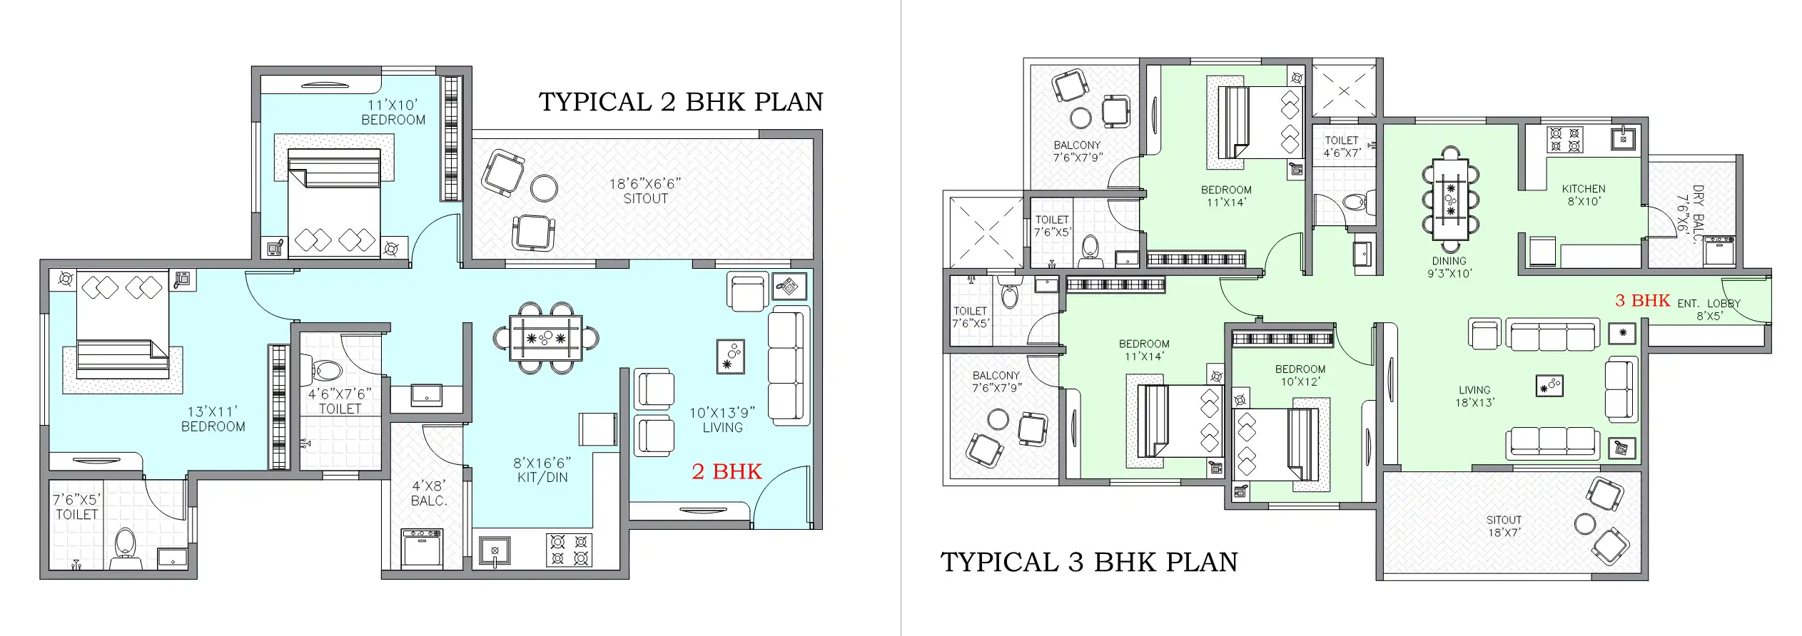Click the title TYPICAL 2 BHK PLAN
[x=680, y=102]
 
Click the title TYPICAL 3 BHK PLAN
[x=1088, y=562]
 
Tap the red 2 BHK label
[x=727, y=471]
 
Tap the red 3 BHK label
[x=1642, y=301]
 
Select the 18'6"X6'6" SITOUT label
[x=645, y=191]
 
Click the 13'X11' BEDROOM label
[x=213, y=419]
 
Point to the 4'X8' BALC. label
[x=429, y=493]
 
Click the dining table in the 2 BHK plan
[x=546, y=338]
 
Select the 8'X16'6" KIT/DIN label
[x=542, y=471]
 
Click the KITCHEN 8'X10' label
[x=1584, y=195]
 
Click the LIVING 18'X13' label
[x=1474, y=396]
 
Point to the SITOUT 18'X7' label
[x=1504, y=526]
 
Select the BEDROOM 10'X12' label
[x=1300, y=375]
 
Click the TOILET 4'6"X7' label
[x=1342, y=146]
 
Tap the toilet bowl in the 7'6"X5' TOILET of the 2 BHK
[x=125, y=544]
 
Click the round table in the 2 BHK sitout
[x=545, y=189]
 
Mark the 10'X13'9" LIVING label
[x=722, y=420]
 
